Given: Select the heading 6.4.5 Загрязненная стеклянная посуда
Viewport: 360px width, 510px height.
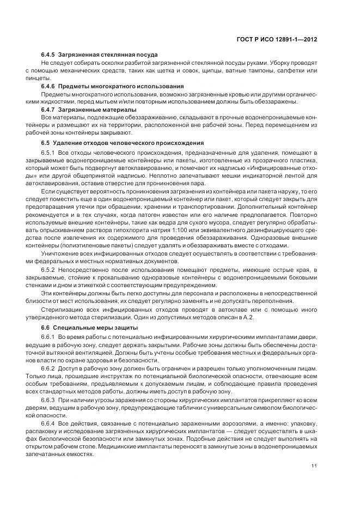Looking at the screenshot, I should [x=100, y=55].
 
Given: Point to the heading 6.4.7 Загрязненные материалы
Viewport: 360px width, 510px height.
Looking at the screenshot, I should [x=89, y=110].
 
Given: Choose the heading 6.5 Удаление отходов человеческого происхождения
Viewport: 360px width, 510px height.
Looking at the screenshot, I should [x=119, y=143].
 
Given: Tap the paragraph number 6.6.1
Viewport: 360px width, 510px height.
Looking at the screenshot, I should [x=49, y=338].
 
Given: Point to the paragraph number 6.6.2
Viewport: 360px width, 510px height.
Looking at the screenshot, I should [x=49, y=369].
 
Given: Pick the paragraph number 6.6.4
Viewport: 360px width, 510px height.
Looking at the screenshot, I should [x=49, y=423].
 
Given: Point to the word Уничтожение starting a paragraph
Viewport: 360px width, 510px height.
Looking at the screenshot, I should [x=61, y=254].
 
